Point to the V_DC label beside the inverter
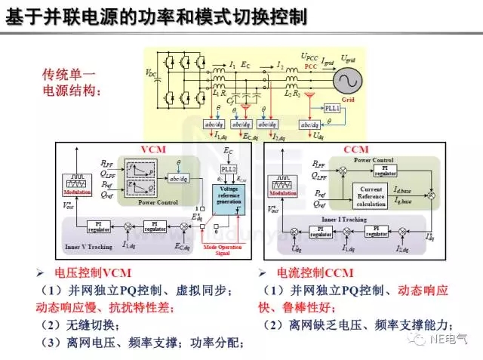pos(151,72)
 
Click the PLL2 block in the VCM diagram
pos(229,169)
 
